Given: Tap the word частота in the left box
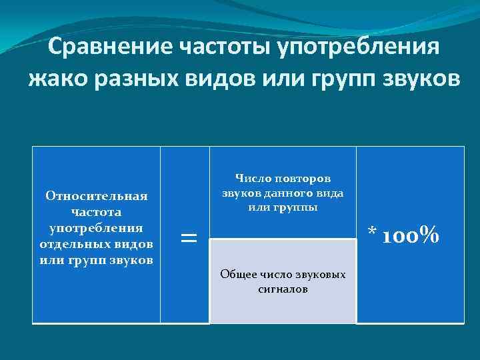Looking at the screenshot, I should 96,212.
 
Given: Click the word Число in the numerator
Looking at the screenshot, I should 250,178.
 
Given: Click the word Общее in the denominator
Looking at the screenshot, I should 238,275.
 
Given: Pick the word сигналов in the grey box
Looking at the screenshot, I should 283,290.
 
